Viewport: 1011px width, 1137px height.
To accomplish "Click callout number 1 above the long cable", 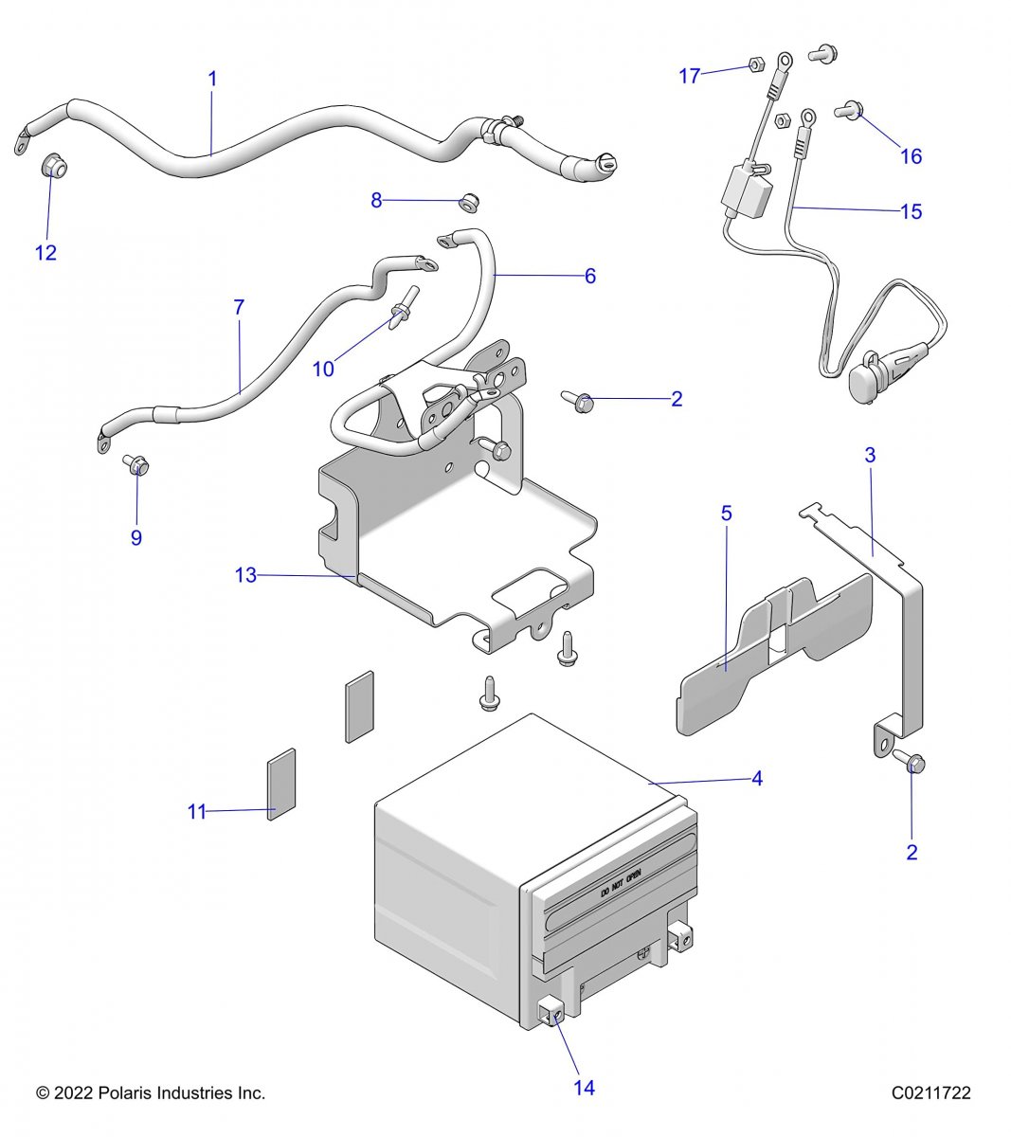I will click(212, 79).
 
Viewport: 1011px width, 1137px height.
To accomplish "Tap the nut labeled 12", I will click(54, 168).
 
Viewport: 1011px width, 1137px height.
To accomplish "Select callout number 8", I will click(376, 200).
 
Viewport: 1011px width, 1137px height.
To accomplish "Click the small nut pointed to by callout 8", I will click(467, 201).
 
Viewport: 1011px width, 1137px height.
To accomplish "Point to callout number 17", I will click(689, 76).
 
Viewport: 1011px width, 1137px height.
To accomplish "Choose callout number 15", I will click(911, 211).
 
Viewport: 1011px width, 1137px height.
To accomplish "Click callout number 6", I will click(589, 276).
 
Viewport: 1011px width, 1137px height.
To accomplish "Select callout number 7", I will click(239, 307).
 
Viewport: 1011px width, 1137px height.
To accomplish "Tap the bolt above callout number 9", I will click(135, 466).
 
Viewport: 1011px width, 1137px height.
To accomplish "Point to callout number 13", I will click(245, 575).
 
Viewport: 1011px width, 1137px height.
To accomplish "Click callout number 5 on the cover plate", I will click(727, 514).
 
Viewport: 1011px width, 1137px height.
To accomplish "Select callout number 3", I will click(870, 455).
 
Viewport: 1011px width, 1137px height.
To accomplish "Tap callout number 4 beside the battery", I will click(756, 779).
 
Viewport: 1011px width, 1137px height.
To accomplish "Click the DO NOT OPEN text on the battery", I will click(622, 881).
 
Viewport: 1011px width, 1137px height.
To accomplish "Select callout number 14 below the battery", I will click(585, 1088).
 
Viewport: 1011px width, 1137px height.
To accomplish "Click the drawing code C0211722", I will click(930, 1093).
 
